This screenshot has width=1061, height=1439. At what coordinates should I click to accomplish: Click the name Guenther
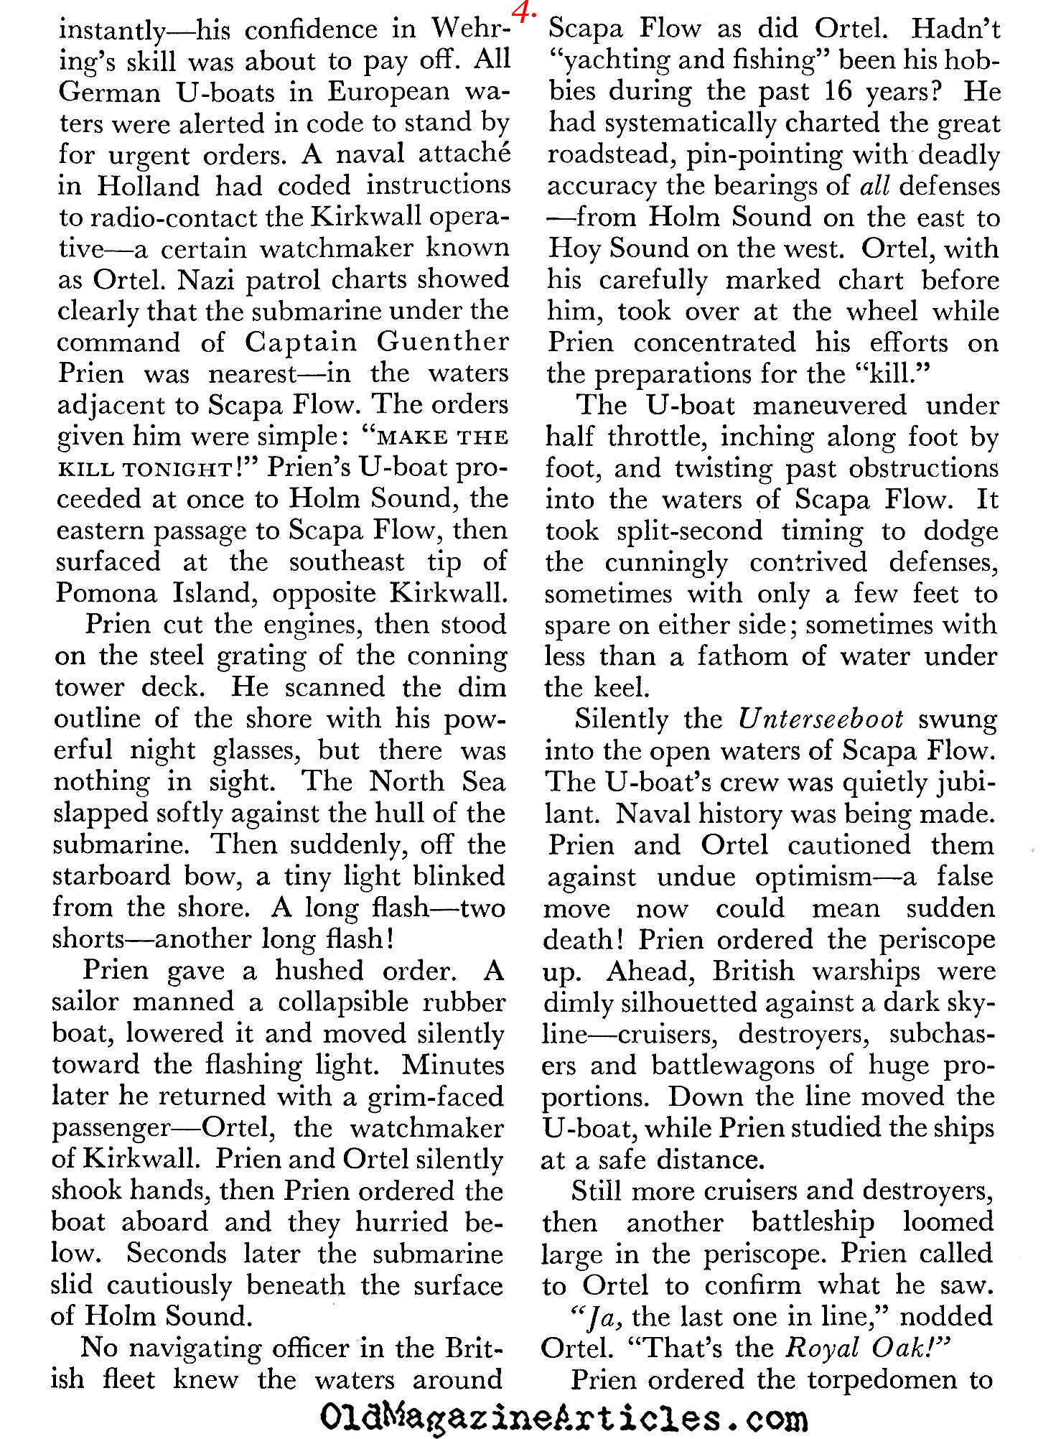pyautogui.click(x=443, y=342)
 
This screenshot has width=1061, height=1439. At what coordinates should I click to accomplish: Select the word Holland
pyautogui.click(x=149, y=186)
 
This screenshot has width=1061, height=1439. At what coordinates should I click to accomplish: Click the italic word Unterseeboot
pyautogui.click(x=821, y=719)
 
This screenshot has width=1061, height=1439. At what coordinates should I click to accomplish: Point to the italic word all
pyautogui.click(x=874, y=186)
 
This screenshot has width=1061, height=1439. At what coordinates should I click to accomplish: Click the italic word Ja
pyautogui.click(x=599, y=1317)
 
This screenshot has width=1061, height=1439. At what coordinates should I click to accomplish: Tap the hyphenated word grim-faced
pyautogui.click(x=436, y=1096)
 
